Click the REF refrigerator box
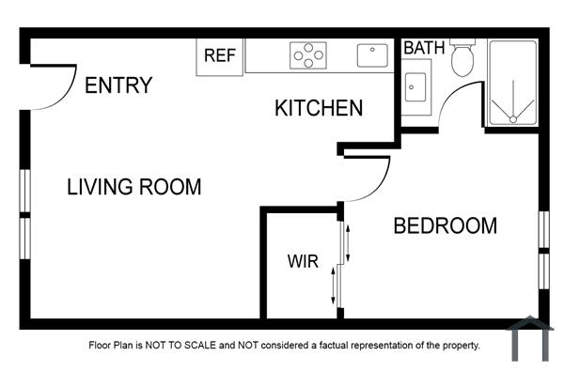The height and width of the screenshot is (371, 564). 219,55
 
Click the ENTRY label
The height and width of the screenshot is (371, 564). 118,85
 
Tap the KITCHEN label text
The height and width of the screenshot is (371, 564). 319,108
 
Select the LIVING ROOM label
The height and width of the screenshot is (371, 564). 133,187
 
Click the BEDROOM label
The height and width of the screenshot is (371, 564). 445,226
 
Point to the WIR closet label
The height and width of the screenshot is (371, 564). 303,260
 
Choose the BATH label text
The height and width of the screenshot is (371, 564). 424,46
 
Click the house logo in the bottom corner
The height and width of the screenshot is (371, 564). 529,339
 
